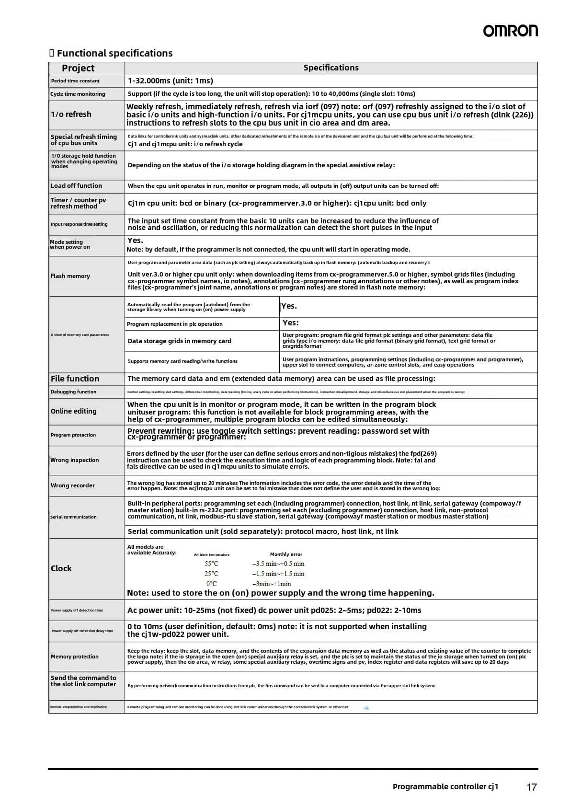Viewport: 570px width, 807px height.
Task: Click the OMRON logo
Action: pos(510,31)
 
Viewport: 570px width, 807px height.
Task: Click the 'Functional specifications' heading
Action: pos(114,53)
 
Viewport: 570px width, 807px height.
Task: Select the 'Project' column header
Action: pos(78,68)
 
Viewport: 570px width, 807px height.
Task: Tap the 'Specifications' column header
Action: pos(331,68)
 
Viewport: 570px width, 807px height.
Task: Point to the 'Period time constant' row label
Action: pos(75,81)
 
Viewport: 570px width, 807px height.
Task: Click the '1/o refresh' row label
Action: pos(71,115)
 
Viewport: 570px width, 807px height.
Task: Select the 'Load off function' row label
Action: pos(76,186)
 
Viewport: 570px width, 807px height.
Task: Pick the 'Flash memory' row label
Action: pos(70,276)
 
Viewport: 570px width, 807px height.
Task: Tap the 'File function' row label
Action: pos(75,379)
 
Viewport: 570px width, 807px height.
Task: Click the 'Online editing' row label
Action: pos(74,411)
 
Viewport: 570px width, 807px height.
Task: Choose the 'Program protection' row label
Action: pos(73,435)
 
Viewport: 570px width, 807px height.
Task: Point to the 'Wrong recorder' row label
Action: pos(73,485)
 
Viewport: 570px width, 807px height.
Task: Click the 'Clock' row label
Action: pos(61,568)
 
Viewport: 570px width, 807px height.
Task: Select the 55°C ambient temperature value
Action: pos(211,564)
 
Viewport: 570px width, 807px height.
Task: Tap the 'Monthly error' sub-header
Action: pos(286,554)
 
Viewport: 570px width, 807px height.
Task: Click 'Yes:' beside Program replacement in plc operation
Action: pos(290,323)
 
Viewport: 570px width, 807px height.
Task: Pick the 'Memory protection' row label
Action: pos(75,657)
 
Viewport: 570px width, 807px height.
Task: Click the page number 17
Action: pos(532,787)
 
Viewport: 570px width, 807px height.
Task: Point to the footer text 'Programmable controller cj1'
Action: pos(445,786)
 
